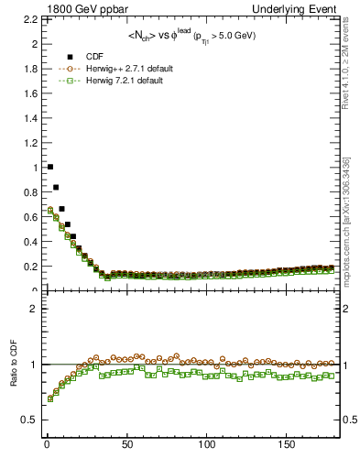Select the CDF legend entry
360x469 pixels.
pos(95,57)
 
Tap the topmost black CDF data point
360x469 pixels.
pos(49,167)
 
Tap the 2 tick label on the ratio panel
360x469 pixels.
pos(32,309)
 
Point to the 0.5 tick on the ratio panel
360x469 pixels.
pos(28,420)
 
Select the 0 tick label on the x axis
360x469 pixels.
pos(46,444)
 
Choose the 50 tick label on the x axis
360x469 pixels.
pos(125,444)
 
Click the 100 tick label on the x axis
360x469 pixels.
pos(206,444)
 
